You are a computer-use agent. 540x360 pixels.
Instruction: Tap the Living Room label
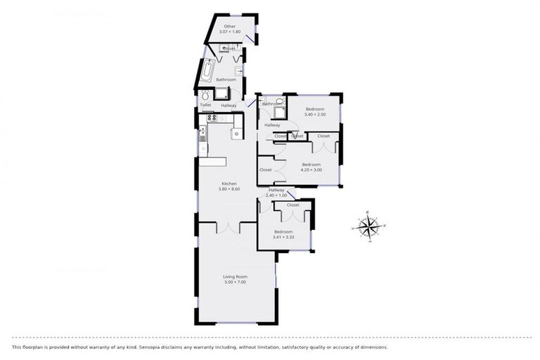point(236,276)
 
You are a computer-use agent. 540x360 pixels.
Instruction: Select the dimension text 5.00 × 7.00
point(236,282)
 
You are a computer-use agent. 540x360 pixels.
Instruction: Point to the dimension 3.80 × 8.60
point(229,189)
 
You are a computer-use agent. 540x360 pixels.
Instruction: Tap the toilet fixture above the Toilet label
point(205,96)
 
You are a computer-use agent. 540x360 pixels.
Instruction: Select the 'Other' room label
point(229,26)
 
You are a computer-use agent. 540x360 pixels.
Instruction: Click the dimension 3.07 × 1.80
point(230,32)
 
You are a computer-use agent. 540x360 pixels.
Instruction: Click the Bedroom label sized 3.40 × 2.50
point(314,109)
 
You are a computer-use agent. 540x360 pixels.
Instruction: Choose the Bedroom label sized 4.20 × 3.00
point(311,165)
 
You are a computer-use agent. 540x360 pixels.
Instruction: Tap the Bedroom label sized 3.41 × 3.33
point(283,231)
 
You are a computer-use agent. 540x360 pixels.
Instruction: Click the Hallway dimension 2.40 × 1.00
point(276,195)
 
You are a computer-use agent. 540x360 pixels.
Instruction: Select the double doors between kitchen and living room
point(227,227)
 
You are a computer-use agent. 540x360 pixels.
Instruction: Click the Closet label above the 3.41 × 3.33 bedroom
point(292,205)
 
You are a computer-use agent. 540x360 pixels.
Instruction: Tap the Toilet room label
point(205,105)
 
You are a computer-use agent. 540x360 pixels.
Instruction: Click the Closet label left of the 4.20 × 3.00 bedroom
point(266,169)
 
